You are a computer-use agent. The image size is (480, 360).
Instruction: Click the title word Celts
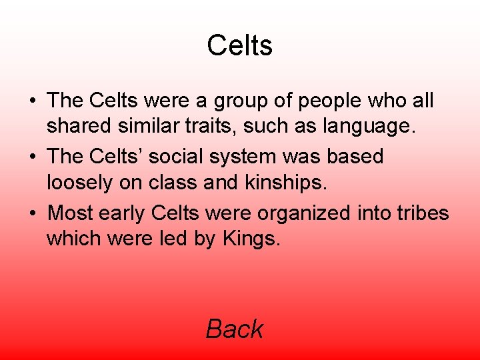pyautogui.click(x=239, y=46)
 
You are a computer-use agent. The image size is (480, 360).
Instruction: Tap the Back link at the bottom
pyautogui.click(x=234, y=329)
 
